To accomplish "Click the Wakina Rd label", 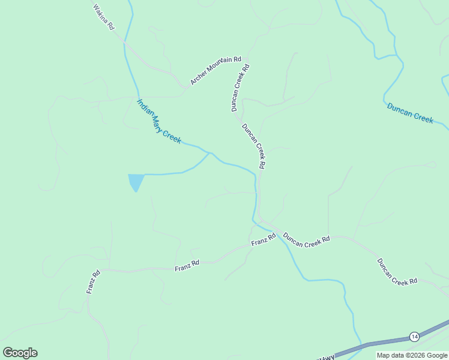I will point(104,17).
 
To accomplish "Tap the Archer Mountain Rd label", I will point(215,71).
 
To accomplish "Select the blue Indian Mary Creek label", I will point(159,121).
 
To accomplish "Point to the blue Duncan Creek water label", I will point(410,113).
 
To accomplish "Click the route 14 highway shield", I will point(414,336).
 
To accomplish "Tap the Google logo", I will point(20,353).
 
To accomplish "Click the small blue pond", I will point(136,181).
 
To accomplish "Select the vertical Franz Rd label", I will point(92,282).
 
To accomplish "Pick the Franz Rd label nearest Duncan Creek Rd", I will point(264,239).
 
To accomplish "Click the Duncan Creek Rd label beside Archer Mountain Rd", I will point(240,88).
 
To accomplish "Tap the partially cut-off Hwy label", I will point(327,358).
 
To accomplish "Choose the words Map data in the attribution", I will point(390,355).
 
